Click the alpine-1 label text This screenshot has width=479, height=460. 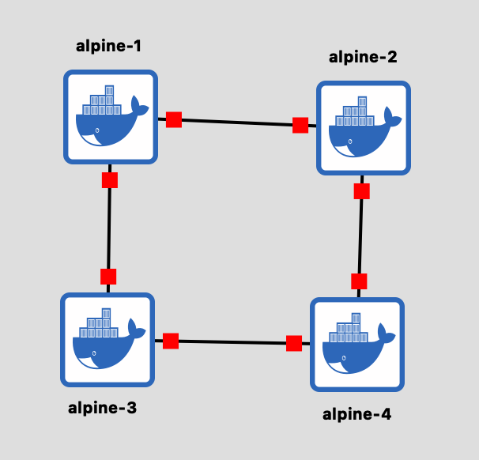[108, 47]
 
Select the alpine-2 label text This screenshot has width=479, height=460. [363, 57]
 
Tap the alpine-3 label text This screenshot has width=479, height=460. [102, 408]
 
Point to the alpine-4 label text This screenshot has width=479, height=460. [356, 414]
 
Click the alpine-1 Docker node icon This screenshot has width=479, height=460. [111, 117]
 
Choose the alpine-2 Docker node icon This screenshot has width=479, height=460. [364, 128]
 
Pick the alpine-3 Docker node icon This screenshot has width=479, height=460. [107, 340]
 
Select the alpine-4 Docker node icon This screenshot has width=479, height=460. [357, 345]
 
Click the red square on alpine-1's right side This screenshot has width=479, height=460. [174, 119]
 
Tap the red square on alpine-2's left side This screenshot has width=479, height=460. [300, 125]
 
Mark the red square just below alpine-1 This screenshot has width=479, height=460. [110, 180]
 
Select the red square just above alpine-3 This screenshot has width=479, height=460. [108, 277]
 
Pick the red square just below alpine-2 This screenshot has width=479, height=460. [362, 191]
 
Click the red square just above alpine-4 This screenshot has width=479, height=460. [359, 281]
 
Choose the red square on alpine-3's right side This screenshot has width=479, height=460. [171, 341]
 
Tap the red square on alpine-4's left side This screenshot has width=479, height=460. [294, 343]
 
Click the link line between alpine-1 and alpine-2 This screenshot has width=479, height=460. [237, 123]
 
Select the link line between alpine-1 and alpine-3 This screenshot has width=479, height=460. [109, 228]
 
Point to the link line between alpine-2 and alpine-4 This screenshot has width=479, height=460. [360, 236]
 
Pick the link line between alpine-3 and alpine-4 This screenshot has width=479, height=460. [232, 342]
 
